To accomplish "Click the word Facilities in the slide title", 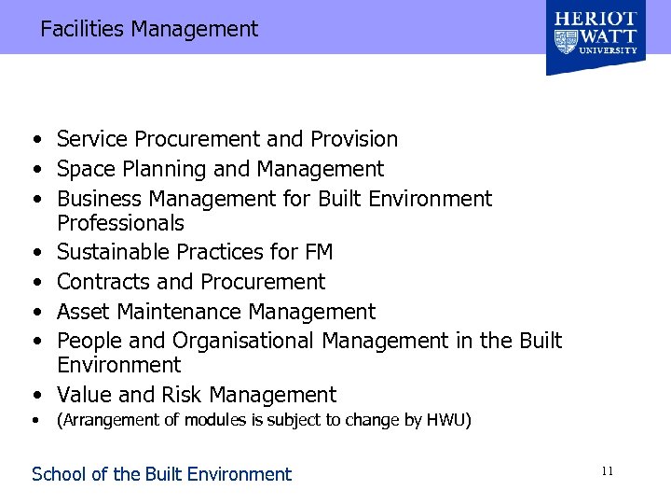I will [x=82, y=29].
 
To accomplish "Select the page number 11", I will [x=607, y=472].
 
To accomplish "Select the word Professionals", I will [x=120, y=223].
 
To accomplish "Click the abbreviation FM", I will [x=318, y=252].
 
